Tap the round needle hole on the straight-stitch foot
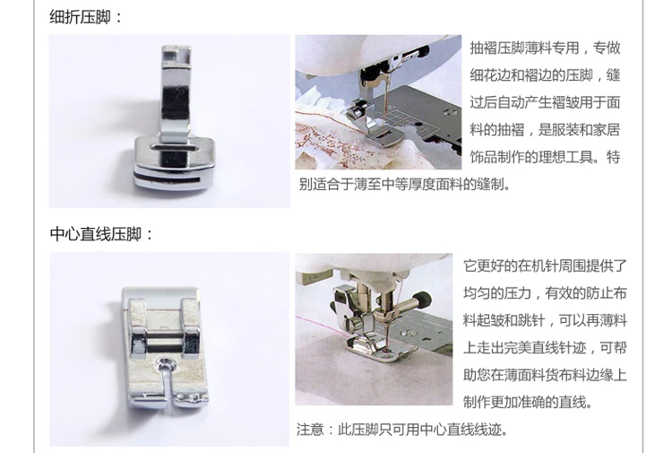click(x=166, y=365)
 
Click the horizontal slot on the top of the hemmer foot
click(x=174, y=148)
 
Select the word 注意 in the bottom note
click(x=310, y=430)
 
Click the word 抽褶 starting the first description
click(x=484, y=48)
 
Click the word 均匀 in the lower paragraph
click(x=477, y=293)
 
